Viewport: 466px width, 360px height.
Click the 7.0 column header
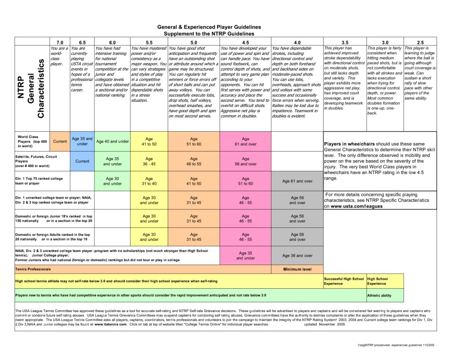click(60, 42)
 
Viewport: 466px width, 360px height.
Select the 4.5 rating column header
click(246, 42)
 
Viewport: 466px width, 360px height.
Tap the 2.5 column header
click(420, 42)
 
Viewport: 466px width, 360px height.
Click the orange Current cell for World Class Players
click(60, 141)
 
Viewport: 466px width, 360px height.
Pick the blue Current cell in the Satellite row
click(82, 161)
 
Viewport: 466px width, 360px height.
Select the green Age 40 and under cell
click(112, 141)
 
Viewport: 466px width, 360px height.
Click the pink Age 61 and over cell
click(246, 142)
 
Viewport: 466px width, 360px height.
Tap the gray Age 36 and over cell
click(297, 256)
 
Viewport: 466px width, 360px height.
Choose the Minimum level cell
click(297, 269)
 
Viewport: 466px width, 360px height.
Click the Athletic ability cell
click(380, 296)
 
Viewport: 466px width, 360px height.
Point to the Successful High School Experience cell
click(344, 281)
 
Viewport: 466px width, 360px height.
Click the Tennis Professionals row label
click(33, 269)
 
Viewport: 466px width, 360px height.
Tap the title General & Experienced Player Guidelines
click(209, 27)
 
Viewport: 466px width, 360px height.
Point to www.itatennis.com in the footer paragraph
click(110, 324)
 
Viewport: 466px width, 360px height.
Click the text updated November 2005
click(324, 324)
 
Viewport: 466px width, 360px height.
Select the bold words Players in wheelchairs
click(349, 144)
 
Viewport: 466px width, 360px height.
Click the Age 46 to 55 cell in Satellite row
click(194, 161)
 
